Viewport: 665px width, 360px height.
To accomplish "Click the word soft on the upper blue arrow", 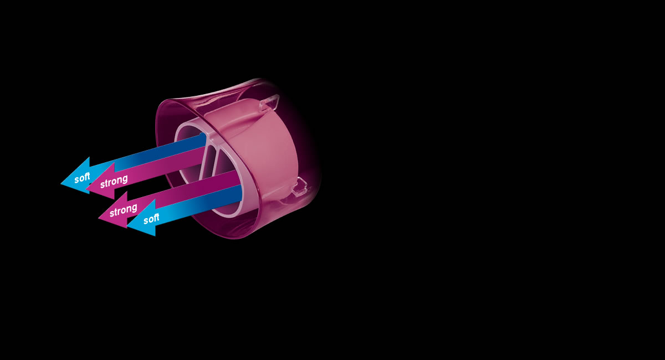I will (82, 178).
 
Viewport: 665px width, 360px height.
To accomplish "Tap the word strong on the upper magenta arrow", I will (114, 181).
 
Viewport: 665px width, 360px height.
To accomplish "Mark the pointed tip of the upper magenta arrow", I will (86, 188).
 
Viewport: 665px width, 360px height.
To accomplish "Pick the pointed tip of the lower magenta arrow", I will (99, 217).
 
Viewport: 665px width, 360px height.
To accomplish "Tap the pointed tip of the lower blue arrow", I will (127, 224).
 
